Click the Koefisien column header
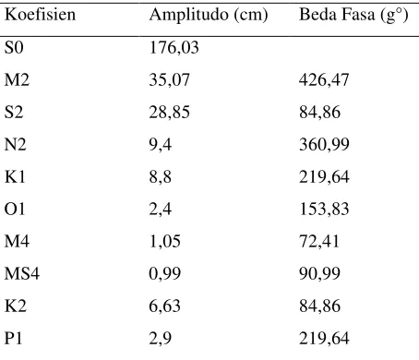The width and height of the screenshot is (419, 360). [40, 15]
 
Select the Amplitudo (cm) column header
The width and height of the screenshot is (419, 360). [209, 15]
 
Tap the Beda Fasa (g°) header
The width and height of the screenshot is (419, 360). [353, 15]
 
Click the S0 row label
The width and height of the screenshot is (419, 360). [14, 47]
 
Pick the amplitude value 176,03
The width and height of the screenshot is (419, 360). [174, 48]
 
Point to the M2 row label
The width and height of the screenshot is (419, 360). [17, 79]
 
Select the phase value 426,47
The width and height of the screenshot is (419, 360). [324, 80]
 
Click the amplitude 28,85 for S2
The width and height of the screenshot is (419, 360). [170, 113]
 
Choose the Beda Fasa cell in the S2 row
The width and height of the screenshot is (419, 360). [319, 113]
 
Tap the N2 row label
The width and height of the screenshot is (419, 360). [16, 144]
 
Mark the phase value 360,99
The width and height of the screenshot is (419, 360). [324, 145]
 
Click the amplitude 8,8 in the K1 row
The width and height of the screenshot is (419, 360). [161, 177]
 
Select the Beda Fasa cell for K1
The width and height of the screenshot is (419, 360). [324, 177]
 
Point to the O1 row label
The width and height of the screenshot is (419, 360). [15, 209]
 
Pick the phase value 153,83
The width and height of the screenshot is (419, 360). [324, 210]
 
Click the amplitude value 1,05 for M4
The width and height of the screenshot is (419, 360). [165, 242]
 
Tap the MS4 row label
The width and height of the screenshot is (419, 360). [22, 273]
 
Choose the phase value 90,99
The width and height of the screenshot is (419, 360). [319, 274]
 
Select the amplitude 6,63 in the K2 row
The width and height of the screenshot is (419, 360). [165, 306]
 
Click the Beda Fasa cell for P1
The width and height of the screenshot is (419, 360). [324, 339]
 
